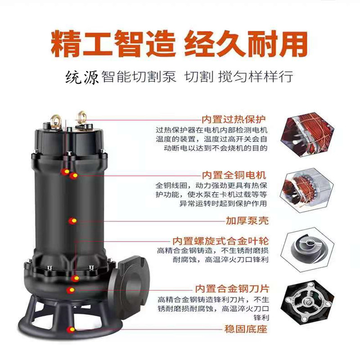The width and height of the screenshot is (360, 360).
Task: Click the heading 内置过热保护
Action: (234, 119)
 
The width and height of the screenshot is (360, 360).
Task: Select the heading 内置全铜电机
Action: (234, 175)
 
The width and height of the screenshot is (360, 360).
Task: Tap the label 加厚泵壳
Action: (247, 220)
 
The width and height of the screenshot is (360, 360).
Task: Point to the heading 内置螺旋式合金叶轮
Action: (220, 241)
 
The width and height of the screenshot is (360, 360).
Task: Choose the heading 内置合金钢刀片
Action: (232, 289)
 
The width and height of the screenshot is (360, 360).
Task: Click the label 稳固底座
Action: (246, 329)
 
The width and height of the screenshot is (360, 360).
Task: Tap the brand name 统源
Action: (82, 77)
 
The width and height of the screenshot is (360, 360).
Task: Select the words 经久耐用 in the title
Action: (246, 44)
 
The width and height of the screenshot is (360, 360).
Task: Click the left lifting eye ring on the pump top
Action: (55, 121)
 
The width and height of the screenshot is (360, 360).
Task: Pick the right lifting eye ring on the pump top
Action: (81, 117)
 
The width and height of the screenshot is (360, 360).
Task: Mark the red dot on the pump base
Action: (71, 329)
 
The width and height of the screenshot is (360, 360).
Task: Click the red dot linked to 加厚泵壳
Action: (73, 221)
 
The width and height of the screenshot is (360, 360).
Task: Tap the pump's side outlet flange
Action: (130, 287)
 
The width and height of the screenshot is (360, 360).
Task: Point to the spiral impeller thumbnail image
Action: (307, 249)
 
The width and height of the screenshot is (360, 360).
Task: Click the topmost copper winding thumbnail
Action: (307, 134)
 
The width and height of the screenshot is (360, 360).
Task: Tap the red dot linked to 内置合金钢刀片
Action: (71, 290)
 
